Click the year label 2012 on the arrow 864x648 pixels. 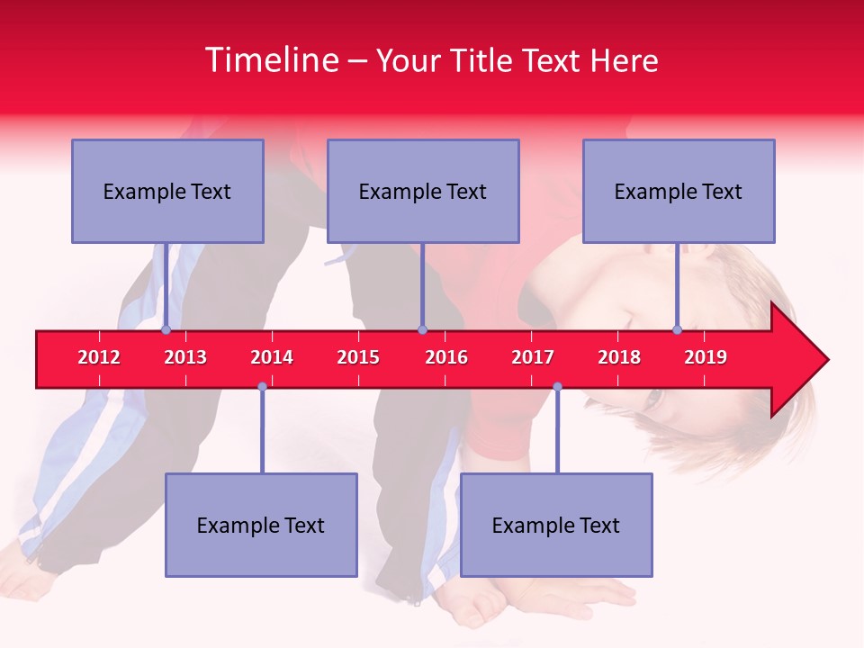click(x=99, y=357)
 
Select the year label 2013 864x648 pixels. click(x=185, y=357)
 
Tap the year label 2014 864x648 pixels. click(x=272, y=357)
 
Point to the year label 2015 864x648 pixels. click(x=358, y=357)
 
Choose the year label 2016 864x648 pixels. click(x=446, y=357)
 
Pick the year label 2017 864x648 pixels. click(x=533, y=357)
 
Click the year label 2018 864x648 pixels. click(x=619, y=357)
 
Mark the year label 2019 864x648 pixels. click(x=706, y=357)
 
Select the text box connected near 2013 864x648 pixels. click(x=167, y=191)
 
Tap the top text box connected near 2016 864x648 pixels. click(x=423, y=191)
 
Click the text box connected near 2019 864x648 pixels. click(x=679, y=191)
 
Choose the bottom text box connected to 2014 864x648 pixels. click(x=261, y=525)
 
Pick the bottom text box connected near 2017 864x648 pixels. click(x=556, y=525)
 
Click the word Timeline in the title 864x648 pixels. click(x=270, y=60)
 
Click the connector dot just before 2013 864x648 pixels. click(x=166, y=329)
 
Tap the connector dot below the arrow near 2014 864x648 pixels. click(x=262, y=386)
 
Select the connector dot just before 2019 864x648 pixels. click(x=677, y=329)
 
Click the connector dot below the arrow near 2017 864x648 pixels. click(x=557, y=386)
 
